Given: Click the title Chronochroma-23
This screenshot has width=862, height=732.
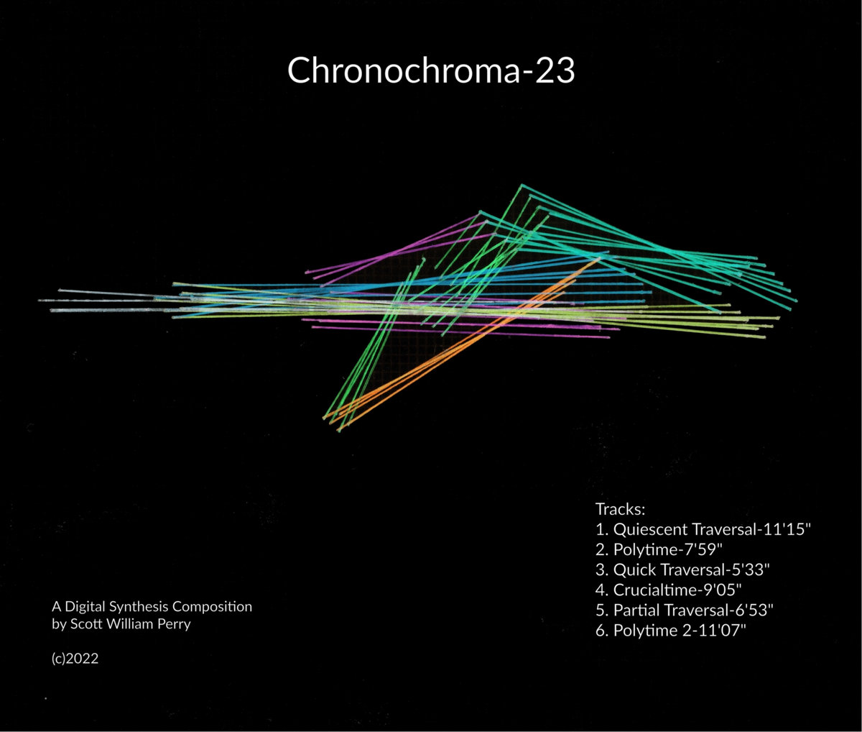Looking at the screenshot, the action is [431, 70].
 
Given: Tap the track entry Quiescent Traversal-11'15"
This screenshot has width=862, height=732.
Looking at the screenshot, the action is [703, 529].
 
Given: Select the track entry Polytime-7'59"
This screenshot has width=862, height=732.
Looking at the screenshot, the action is [659, 549].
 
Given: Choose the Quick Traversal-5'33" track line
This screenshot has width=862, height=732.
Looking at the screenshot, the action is [682, 569].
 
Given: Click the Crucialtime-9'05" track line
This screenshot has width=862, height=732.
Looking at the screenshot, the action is [669, 590].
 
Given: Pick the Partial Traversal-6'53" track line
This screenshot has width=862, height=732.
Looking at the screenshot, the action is [685, 610].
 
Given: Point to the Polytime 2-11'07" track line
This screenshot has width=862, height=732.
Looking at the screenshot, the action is [671, 630].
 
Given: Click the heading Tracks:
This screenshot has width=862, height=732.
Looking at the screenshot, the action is [620, 509].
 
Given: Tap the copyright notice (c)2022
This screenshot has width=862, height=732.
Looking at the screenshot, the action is [75, 659].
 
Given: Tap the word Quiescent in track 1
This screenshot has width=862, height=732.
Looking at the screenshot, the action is [651, 529].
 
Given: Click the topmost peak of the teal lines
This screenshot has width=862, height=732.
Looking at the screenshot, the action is [522, 185].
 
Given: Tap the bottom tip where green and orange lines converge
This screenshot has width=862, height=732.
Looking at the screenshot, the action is [338, 430].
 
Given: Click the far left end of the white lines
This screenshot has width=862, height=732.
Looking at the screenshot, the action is [39, 301].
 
